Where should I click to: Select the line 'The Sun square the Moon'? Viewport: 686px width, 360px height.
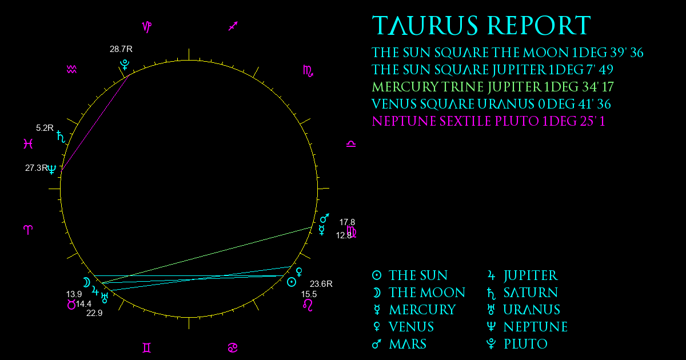tap(508, 53)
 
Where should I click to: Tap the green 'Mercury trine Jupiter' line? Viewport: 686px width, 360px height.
tap(493, 87)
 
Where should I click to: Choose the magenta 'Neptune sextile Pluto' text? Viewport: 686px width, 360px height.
tap(488, 121)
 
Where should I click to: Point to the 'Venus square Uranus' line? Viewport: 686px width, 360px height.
tap(491, 104)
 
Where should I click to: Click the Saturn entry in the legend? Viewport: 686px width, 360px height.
tap(523, 293)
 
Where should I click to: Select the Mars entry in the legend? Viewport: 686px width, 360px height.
tap(399, 344)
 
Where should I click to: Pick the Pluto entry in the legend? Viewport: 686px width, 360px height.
tap(517, 344)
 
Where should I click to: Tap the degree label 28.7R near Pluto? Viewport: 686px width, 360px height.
tap(121, 49)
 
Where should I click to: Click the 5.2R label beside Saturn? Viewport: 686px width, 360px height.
tap(45, 128)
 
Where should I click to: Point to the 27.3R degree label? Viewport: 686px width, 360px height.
tap(37, 168)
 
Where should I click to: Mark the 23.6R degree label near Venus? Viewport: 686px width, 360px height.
tap(321, 284)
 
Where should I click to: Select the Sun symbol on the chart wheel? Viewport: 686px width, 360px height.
tap(291, 282)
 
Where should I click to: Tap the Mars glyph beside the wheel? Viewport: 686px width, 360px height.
tap(325, 218)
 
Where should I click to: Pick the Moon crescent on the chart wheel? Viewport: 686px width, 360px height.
tap(87, 282)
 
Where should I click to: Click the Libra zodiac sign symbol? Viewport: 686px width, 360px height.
tap(351, 144)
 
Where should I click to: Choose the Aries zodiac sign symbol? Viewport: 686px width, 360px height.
tap(28, 230)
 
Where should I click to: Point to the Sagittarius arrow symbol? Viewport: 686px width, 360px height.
tap(233, 26)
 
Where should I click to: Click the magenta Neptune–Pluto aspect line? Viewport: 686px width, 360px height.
tap(95, 122)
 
